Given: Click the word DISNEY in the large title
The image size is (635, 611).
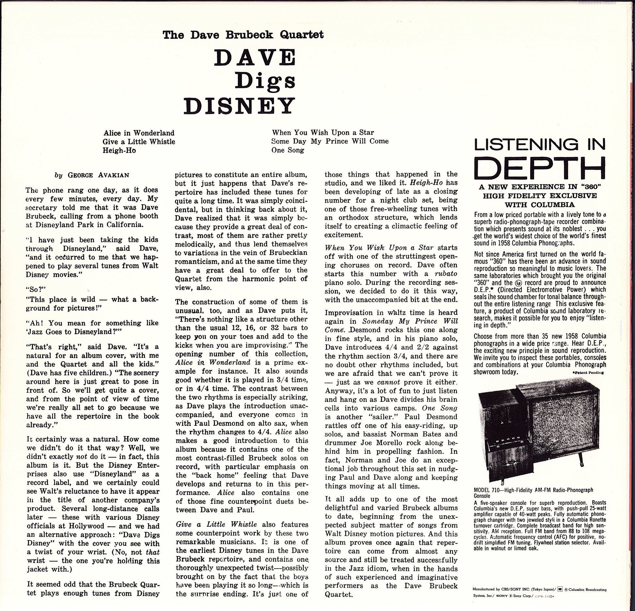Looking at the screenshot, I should coord(239,105).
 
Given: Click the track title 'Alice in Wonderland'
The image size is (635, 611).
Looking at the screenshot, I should coord(139,133).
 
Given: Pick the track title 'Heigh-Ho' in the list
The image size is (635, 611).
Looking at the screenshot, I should coord(119,150).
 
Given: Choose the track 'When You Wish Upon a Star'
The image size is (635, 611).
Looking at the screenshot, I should coord(323,132).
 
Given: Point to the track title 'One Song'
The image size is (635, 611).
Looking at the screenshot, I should coord(288,150).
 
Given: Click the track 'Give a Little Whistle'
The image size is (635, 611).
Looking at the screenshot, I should coord(139,141).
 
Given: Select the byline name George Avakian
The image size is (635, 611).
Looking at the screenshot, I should coord(98,175).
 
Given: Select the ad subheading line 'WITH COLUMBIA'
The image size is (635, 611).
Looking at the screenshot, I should coord(539,205).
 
